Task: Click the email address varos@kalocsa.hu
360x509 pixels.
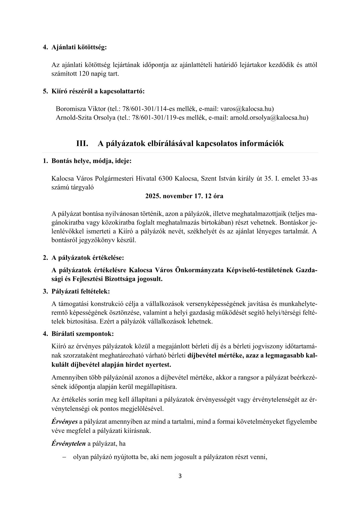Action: pyautogui.click(x=247, y=109)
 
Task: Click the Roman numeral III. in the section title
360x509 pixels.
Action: pyautogui.click(x=82, y=143)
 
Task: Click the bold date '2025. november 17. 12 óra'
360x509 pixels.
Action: pyautogui.click(x=184, y=196)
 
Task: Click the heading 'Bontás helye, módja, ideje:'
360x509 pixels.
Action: pyautogui.click(x=91, y=161)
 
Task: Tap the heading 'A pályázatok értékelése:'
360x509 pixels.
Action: pyautogui.click(x=87, y=258)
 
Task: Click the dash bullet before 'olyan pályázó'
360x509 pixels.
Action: pyautogui.click(x=64, y=457)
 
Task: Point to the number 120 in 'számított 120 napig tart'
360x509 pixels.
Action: pyautogui.click(x=84, y=74)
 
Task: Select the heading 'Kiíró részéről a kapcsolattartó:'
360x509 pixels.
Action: pyautogui.click(x=98, y=91)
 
